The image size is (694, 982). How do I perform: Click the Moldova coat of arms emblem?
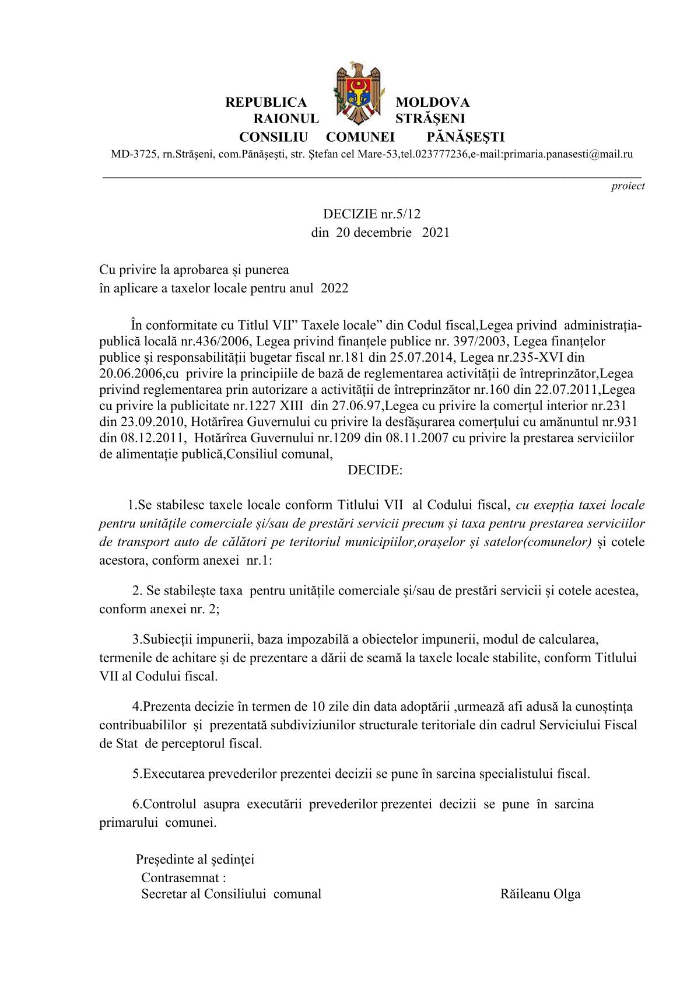point(357,92)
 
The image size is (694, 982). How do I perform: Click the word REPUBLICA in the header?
point(266,103)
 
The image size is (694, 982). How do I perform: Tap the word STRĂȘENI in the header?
point(430,119)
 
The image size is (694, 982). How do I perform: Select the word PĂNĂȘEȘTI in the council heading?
point(465,137)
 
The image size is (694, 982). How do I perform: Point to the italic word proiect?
point(628,186)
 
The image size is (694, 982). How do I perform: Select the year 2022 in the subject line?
point(335,288)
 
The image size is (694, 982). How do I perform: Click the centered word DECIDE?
point(375,470)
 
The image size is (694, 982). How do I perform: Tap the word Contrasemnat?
point(180,877)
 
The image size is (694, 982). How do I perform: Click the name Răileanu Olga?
point(540,894)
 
